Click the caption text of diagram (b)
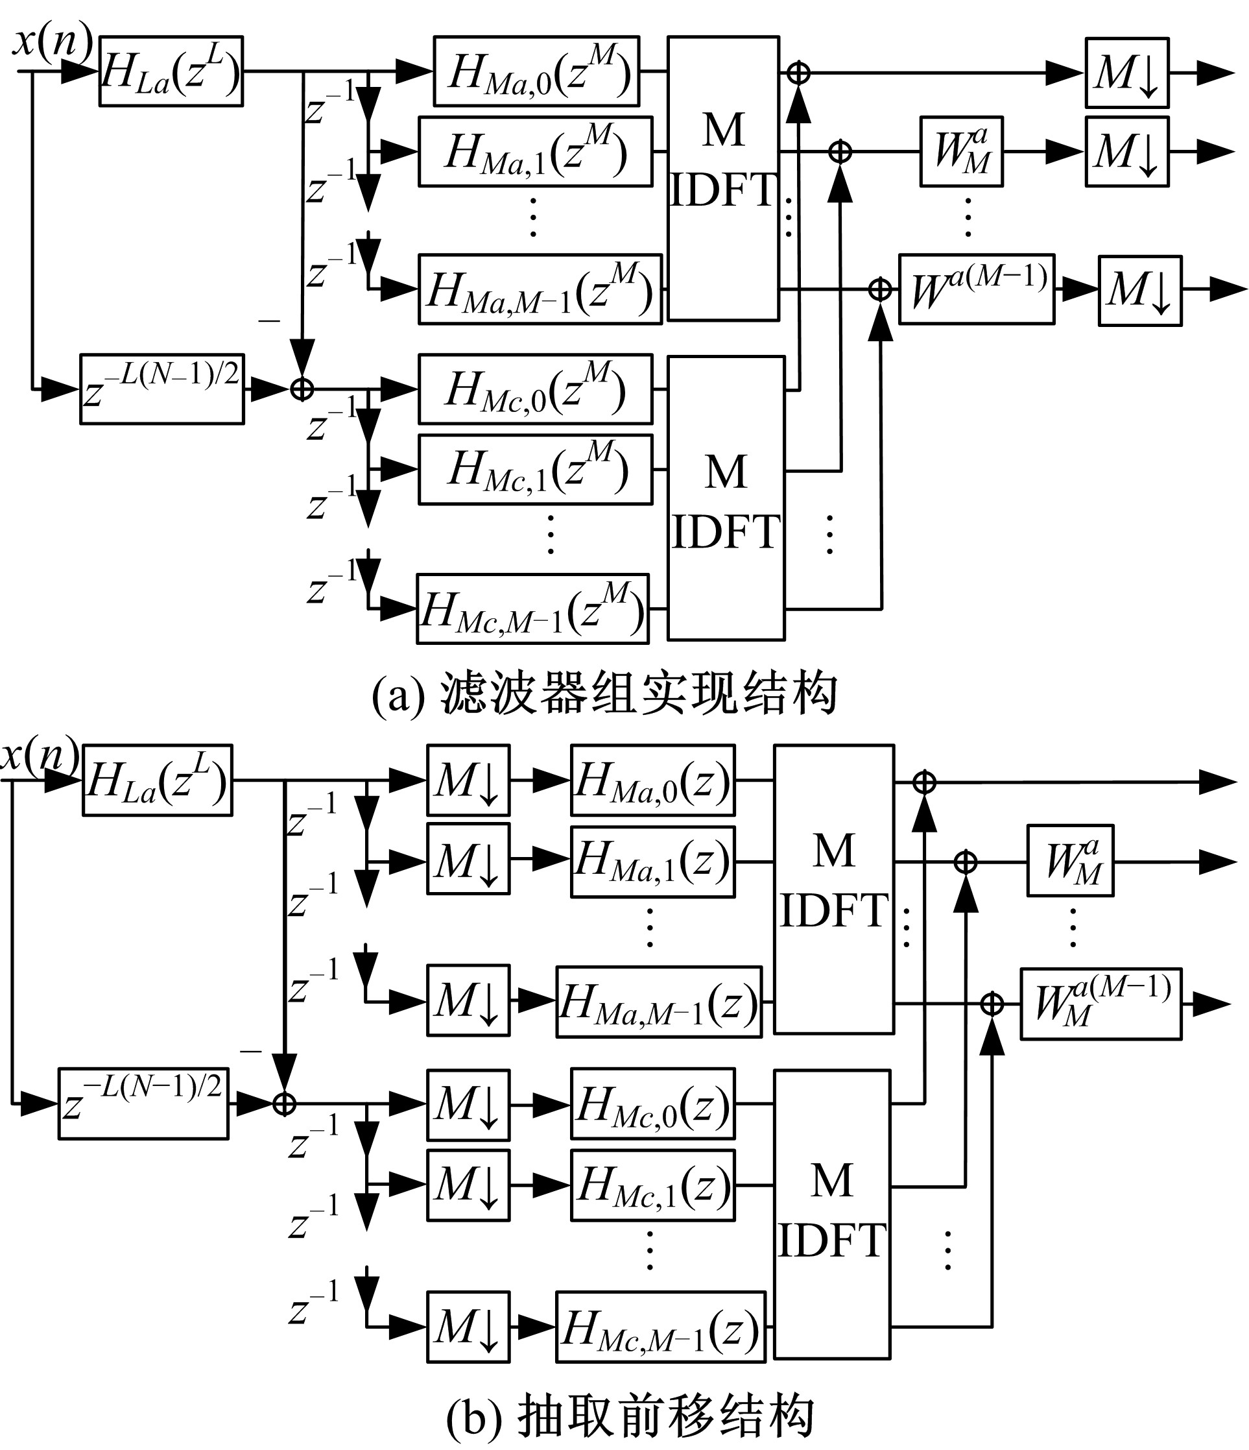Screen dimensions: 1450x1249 pyautogui.click(x=630, y=1415)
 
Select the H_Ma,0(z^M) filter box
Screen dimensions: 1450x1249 pyautogui.click(x=536, y=71)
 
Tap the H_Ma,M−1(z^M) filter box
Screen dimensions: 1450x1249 pyautogui.click(x=540, y=289)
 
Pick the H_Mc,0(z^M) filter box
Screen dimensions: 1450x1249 pyautogui.click(x=535, y=389)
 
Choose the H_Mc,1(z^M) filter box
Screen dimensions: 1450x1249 pyautogui.click(x=535, y=469)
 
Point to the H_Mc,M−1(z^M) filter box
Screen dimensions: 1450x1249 pyautogui.click(x=532, y=609)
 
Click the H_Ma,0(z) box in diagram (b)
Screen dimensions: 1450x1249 pyautogui.click(x=652, y=780)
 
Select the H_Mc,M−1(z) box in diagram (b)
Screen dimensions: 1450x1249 pyautogui.click(x=660, y=1327)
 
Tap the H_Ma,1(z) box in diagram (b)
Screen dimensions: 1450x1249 pyautogui.click(x=652, y=862)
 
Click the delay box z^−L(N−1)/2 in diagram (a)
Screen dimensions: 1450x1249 pyautogui.click(x=161, y=389)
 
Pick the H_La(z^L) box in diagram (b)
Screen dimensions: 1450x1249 pyautogui.click(x=158, y=780)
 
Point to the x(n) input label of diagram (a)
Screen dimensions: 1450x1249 pyautogui.click(x=53, y=41)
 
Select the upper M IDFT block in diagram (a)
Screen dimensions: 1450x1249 pyautogui.click(x=723, y=178)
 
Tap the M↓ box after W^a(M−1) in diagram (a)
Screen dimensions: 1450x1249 pyautogui.click(x=1140, y=291)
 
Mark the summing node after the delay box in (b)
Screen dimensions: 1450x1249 pyautogui.click(x=284, y=1104)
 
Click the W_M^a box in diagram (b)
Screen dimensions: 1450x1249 pyautogui.click(x=1070, y=861)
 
